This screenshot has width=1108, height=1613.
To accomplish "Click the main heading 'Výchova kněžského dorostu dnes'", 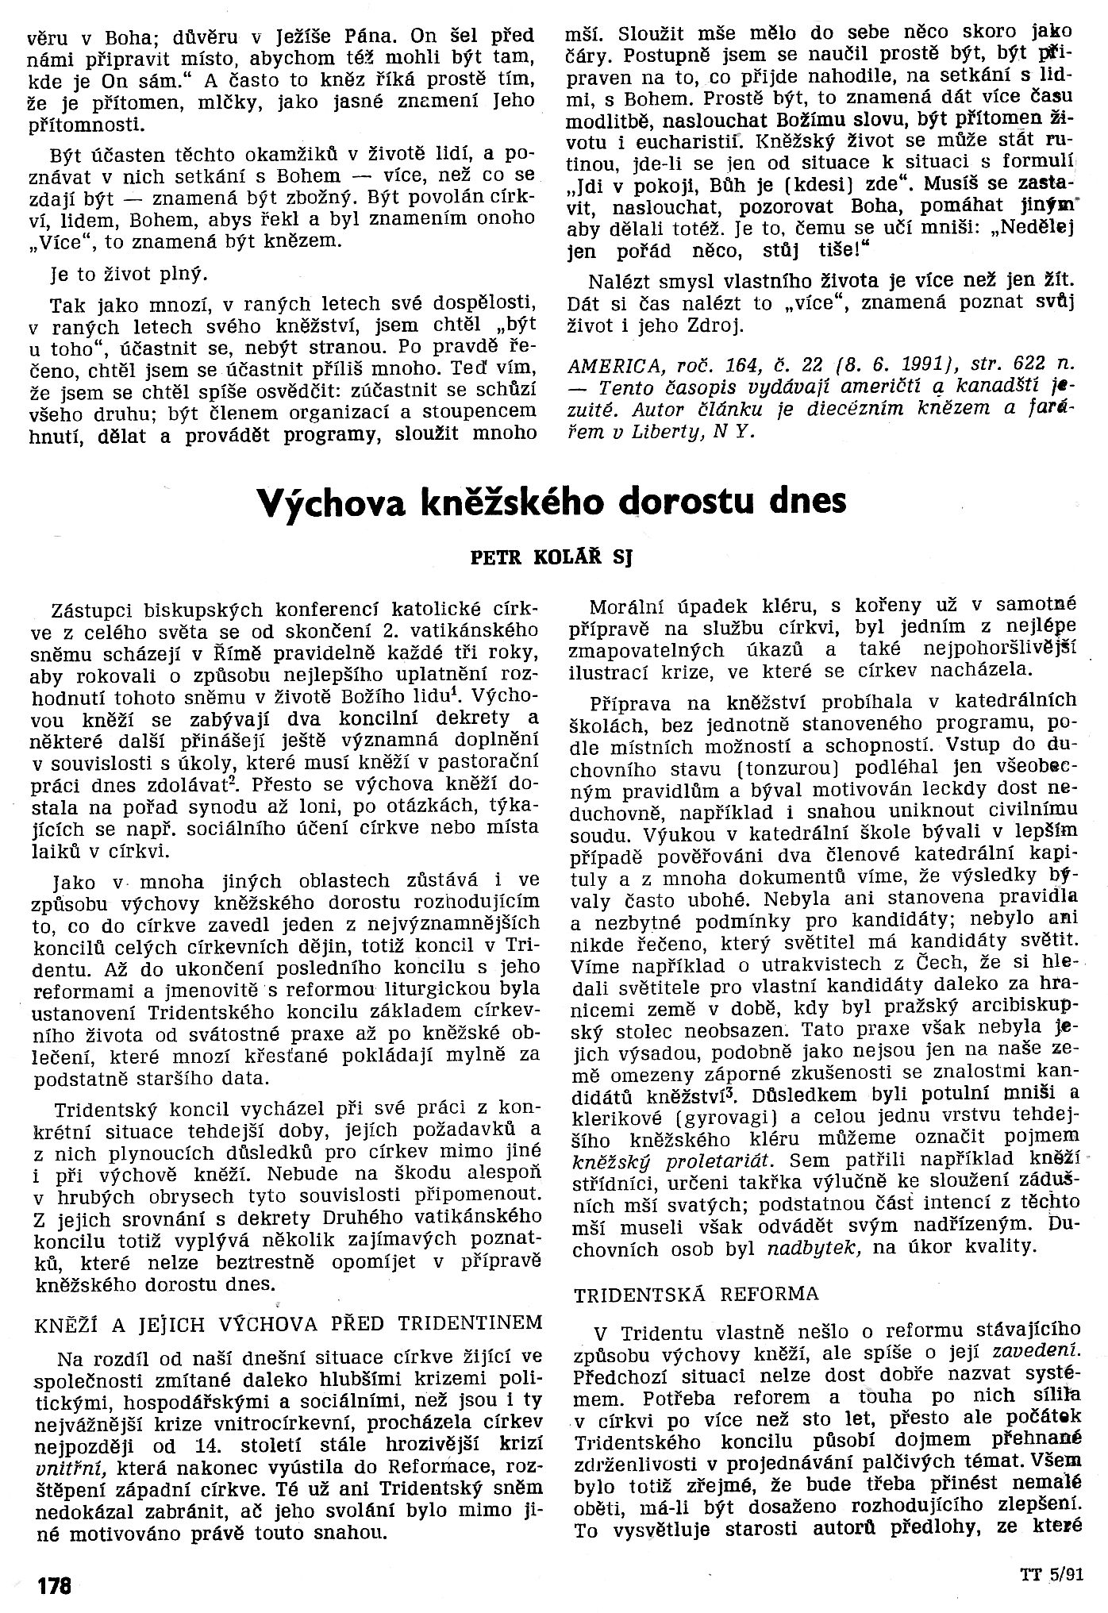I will click(553, 502).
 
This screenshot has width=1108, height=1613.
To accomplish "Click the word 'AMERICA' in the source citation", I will click(609, 364).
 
